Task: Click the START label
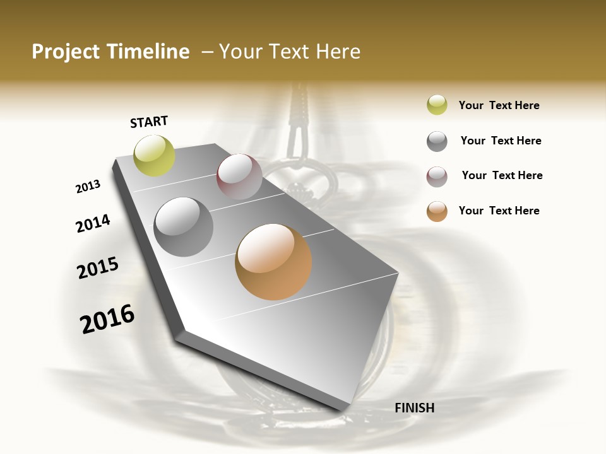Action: (149, 122)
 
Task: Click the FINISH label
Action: (414, 408)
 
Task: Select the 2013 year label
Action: (88, 187)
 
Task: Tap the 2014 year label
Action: (93, 223)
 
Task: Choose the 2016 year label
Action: (107, 319)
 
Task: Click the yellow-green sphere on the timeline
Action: (155, 156)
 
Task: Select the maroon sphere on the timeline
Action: (239, 177)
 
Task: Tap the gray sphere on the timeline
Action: (184, 227)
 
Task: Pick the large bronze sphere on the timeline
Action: (273, 262)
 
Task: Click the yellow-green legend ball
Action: (437, 105)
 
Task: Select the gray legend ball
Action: (437, 141)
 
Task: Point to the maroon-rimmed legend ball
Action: (437, 177)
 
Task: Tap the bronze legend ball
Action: (437, 211)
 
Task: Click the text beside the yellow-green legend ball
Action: (499, 105)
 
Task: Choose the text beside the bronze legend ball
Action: (499, 211)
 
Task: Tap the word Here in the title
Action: (338, 52)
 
